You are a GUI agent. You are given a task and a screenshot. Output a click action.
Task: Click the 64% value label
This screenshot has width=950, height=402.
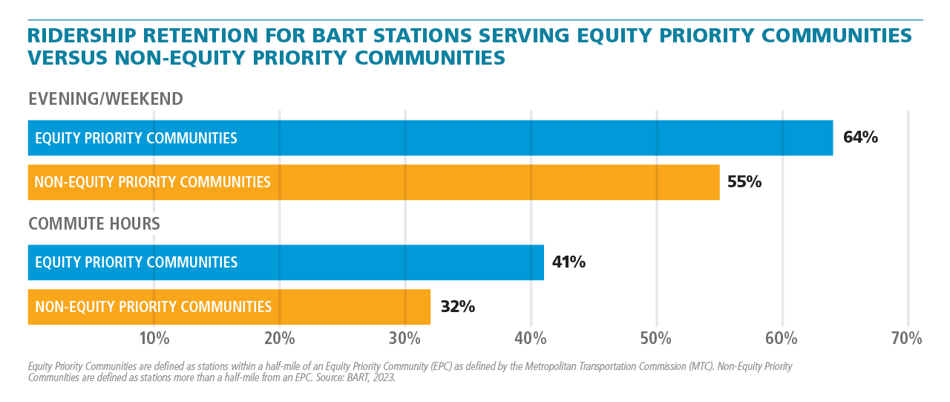[860, 137]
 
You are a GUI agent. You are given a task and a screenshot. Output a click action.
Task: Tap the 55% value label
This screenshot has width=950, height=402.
[744, 182]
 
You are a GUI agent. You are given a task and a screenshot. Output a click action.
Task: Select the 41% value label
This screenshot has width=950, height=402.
[569, 262]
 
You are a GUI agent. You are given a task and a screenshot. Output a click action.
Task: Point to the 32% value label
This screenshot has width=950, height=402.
[457, 306]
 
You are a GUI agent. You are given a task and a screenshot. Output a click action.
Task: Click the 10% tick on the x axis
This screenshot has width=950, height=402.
[154, 339]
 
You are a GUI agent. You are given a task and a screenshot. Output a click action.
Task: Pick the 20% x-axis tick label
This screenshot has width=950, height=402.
[279, 339]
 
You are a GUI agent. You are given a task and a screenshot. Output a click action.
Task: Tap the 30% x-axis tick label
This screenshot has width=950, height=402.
[405, 339]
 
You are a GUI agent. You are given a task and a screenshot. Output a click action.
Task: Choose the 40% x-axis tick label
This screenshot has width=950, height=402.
[531, 339]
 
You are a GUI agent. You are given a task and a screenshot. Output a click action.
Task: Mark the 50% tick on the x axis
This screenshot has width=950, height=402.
[657, 339]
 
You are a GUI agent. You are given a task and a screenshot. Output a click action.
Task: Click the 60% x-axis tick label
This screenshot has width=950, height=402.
[782, 339]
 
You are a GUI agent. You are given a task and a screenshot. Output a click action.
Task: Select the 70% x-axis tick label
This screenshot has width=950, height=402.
[907, 339]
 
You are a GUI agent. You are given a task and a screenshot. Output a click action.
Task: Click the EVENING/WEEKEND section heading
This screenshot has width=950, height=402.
[105, 99]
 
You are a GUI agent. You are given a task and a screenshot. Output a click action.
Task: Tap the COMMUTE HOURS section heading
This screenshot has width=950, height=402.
[94, 224]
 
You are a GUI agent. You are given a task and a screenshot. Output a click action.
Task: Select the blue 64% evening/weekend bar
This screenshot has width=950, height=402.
[430, 137]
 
